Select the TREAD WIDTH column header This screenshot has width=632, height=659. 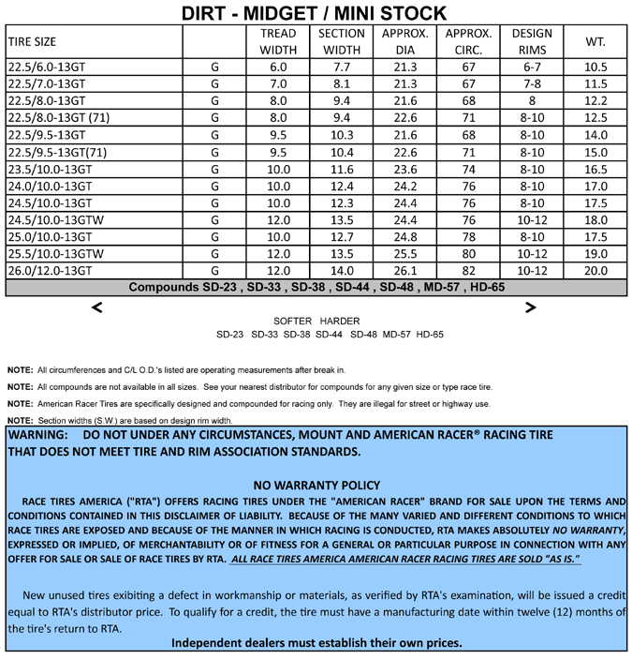[278, 41]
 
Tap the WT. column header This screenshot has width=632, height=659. [595, 41]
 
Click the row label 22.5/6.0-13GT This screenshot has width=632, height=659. [46, 67]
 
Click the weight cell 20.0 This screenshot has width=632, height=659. [595, 271]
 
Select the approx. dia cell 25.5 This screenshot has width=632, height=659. [405, 254]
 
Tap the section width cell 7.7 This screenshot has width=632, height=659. [342, 67]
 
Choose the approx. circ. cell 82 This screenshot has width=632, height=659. [469, 271]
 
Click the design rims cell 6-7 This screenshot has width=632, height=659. [532, 67]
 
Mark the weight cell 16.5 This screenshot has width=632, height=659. [595, 170]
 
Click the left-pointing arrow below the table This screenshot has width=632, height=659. [96, 307]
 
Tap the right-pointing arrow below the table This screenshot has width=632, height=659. [531, 307]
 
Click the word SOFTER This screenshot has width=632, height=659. [292, 322]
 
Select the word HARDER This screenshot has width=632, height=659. [340, 322]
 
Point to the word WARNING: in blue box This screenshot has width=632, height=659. [37, 435]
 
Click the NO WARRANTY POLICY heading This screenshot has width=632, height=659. [316, 486]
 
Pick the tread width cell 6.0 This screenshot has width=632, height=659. [278, 67]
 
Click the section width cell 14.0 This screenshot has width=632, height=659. [342, 271]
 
